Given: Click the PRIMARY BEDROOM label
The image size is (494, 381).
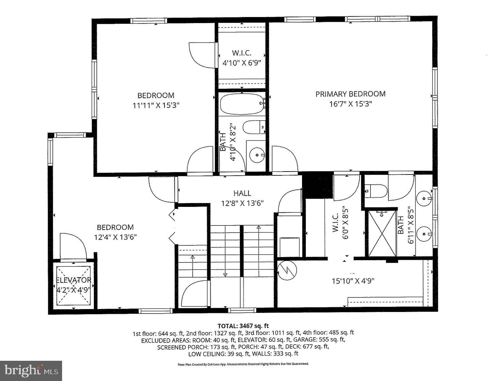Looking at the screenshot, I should coord(350,94).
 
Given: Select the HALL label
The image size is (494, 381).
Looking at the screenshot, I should coord(242,193).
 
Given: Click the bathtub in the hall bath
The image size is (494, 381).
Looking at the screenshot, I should coord(242,104).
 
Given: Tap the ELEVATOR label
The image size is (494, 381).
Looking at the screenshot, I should coord(74,280).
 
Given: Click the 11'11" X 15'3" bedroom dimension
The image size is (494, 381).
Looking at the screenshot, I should coord(156,105).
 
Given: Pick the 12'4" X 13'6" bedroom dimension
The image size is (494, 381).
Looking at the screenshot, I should coord(115,237).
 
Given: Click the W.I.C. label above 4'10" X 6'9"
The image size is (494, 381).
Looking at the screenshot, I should coord(242,53).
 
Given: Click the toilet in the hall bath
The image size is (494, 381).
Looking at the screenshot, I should coord(253,128).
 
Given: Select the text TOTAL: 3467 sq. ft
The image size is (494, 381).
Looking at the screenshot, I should coord(243,326).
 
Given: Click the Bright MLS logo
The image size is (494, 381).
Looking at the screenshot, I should coord(31,370).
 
